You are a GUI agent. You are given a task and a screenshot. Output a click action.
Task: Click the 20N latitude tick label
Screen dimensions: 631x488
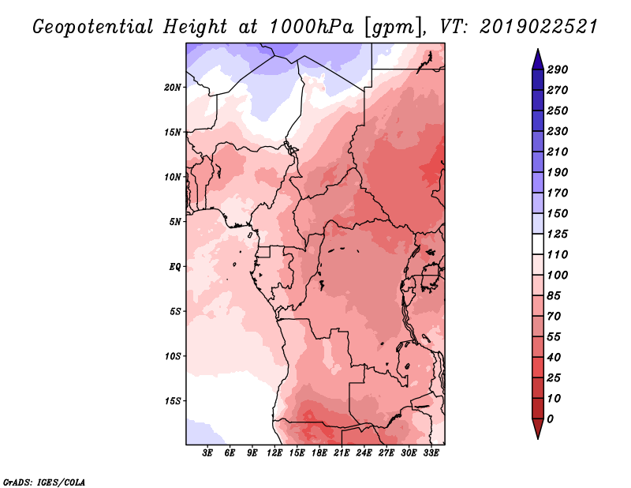[173, 88]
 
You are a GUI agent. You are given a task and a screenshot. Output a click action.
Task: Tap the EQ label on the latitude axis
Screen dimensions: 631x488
[175, 267]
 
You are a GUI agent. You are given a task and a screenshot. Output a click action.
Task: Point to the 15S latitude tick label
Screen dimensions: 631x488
[173, 401]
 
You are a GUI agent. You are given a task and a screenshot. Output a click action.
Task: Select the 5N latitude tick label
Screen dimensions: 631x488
[175, 222]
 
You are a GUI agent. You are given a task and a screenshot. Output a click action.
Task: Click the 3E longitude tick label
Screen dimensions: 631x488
[207, 453]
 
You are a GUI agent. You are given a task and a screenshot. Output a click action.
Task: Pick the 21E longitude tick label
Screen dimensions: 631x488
[342, 453]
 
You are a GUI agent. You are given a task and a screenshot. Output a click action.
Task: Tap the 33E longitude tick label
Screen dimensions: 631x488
[431, 453]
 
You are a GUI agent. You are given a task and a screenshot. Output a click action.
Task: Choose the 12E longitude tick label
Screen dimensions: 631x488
[274, 453]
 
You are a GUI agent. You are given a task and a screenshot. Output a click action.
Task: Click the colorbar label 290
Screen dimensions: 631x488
[558, 69]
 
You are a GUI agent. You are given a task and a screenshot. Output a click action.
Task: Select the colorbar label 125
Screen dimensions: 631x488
[558, 234]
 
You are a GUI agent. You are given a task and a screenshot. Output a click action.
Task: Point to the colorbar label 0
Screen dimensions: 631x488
[550, 419]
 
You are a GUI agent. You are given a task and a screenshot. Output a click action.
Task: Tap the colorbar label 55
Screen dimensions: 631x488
[554, 337]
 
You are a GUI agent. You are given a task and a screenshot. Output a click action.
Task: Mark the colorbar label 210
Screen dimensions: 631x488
[558, 152]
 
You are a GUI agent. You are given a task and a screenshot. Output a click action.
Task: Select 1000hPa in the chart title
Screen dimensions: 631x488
[311, 27]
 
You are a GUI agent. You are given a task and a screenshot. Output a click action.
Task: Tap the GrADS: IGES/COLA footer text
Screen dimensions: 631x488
[44, 482]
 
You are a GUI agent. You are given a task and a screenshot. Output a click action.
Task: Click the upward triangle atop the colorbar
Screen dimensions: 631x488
[538, 60]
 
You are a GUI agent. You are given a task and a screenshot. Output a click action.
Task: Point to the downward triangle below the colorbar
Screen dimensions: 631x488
[538, 429]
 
